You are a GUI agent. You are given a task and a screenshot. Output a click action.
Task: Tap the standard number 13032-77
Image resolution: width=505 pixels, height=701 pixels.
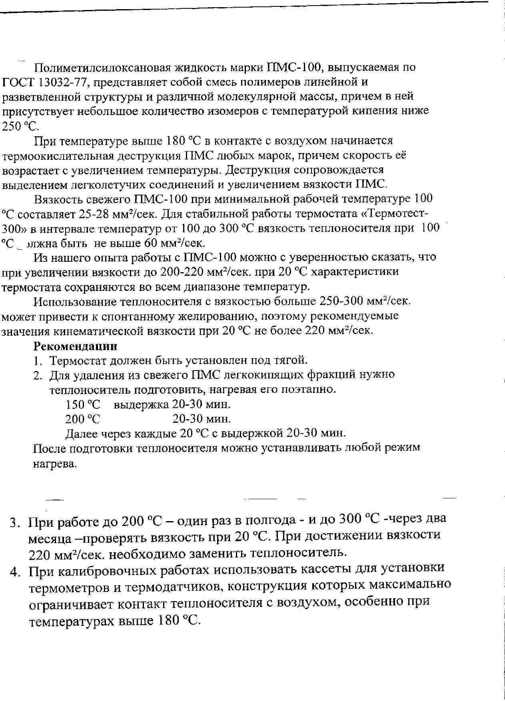pyautogui.click(x=66, y=82)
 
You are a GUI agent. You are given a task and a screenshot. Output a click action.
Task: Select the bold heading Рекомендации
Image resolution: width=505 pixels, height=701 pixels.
pyautogui.click(x=75, y=346)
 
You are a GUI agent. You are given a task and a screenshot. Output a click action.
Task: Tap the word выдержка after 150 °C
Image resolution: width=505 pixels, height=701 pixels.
pyautogui.click(x=141, y=404)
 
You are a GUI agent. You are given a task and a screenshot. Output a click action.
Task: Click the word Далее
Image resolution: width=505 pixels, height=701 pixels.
pyautogui.click(x=83, y=434)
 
